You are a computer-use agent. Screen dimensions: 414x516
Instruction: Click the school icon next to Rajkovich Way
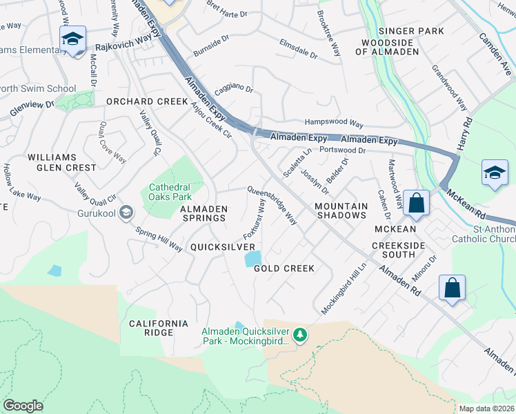[72, 39]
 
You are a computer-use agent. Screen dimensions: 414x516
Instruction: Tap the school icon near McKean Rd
[495, 173]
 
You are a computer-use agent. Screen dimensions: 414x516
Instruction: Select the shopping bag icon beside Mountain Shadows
[417, 203]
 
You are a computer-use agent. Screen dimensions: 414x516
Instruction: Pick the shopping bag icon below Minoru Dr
[452, 288]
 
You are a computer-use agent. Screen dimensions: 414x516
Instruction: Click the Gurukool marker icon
[125, 211]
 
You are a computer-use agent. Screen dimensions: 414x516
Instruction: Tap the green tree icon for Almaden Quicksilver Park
[299, 335]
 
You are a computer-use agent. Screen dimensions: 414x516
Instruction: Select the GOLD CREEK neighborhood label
[284, 268]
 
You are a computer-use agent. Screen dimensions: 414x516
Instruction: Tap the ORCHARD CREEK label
[146, 101]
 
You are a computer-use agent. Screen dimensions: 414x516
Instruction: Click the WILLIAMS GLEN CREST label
[62, 162]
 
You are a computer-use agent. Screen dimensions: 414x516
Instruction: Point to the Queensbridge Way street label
[272, 205]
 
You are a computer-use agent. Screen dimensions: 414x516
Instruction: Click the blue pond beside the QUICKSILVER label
[253, 259]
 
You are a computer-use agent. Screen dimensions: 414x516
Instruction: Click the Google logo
[23, 406]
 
